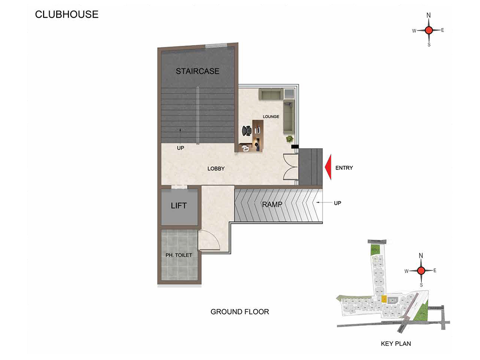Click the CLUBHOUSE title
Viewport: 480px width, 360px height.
67,15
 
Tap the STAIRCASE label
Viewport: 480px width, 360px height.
197,71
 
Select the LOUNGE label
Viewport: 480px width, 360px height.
271,117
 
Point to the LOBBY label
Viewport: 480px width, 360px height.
216,169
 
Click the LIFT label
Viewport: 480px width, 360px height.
179,206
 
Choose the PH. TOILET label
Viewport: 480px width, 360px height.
179,255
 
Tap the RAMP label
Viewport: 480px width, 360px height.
272,204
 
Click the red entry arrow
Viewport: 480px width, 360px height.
328,167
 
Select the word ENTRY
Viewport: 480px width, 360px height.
344,168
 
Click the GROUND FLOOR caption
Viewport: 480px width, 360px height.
240,312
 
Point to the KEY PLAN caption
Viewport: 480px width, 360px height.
396,344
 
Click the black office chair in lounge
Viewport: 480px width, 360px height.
247,131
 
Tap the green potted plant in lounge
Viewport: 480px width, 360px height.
289,139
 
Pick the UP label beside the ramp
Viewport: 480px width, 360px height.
337,203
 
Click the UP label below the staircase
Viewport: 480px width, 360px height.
180,148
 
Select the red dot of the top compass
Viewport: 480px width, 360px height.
429,30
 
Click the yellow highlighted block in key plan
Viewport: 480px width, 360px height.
384,299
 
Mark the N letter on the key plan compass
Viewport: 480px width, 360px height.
421,255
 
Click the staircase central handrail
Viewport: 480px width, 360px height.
198,115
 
